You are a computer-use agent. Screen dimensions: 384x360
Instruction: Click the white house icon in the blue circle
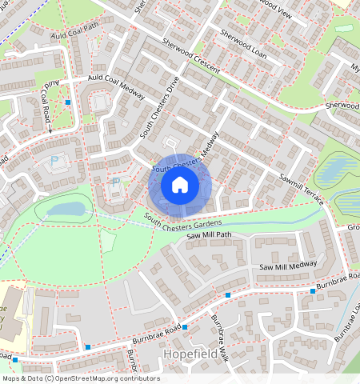tap(180, 185)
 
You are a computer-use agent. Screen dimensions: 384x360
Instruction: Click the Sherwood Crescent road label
tap(190, 56)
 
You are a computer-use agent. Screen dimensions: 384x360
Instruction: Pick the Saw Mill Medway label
tap(288, 266)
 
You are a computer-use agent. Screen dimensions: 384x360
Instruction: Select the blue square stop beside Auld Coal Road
tap(68, 102)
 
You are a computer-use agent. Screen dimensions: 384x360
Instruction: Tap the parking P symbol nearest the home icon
tap(115, 182)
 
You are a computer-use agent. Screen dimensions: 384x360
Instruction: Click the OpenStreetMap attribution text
tap(80, 378)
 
